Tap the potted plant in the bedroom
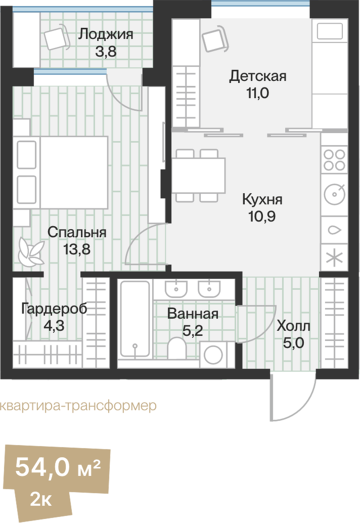point(30,251)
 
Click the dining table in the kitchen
point(198,175)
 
